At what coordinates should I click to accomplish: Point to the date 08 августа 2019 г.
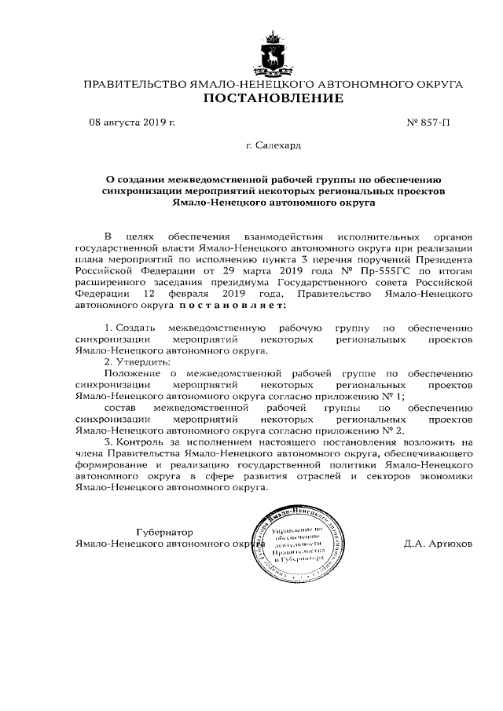pyautogui.click(x=131, y=123)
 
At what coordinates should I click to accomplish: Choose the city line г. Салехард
pyautogui.click(x=273, y=145)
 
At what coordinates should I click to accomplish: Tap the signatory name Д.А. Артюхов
pyautogui.click(x=437, y=543)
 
